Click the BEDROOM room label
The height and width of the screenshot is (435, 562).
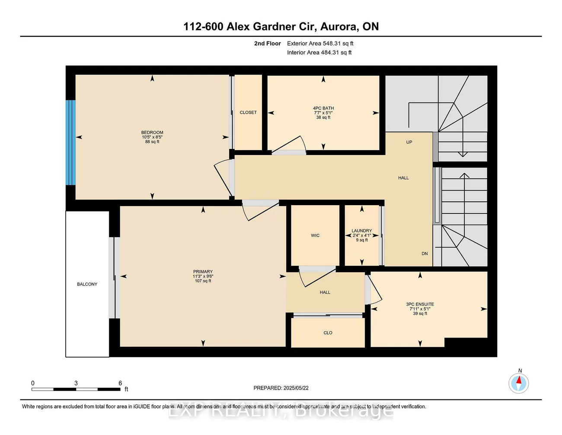click(152, 132)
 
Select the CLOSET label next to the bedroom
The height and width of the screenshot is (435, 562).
click(248, 113)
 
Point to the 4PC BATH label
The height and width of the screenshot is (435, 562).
click(323, 108)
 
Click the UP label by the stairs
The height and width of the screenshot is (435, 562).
click(409, 142)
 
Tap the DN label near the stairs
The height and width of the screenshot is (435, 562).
click(425, 254)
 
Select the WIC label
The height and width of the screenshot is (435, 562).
click(315, 235)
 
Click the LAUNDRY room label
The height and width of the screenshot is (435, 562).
click(362, 231)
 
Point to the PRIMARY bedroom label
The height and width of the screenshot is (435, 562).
click(203, 272)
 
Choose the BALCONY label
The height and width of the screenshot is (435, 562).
click(87, 284)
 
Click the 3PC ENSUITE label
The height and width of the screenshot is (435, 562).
click(420, 304)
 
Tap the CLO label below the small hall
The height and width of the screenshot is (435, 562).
click(328, 333)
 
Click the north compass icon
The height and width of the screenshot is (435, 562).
click(518, 383)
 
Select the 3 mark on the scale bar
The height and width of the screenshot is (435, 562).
click(76, 383)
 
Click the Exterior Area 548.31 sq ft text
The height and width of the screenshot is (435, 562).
click(320, 43)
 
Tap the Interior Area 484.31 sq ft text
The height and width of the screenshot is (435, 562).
click(319, 52)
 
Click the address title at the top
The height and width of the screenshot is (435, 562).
click(281, 26)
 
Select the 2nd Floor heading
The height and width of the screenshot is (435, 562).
click(267, 43)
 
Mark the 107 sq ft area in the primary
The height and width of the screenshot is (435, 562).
click(203, 281)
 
